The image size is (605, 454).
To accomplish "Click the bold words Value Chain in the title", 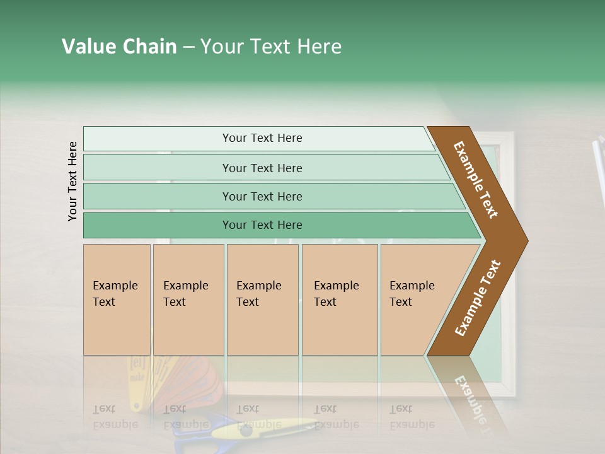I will point(119,47).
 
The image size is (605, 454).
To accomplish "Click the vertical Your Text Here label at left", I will point(72,181).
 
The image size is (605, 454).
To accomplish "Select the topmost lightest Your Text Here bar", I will point(262,138).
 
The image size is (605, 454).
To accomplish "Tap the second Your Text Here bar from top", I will point(262,168).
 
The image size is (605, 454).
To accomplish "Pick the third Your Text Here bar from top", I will point(262,196).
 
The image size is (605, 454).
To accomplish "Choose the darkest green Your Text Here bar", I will point(262,225).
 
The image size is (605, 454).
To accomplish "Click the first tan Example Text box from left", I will point(117,300).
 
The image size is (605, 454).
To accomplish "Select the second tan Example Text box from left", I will point(188,300).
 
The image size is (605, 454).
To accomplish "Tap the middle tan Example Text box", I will point(262,300).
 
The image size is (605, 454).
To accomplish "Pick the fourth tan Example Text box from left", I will point(339,300).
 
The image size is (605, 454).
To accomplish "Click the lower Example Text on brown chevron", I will point(477,298).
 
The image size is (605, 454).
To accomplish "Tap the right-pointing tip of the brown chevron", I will point(523,240).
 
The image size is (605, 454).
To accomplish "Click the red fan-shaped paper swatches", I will point(189,385).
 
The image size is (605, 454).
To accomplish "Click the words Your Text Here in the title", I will point(271,47).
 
